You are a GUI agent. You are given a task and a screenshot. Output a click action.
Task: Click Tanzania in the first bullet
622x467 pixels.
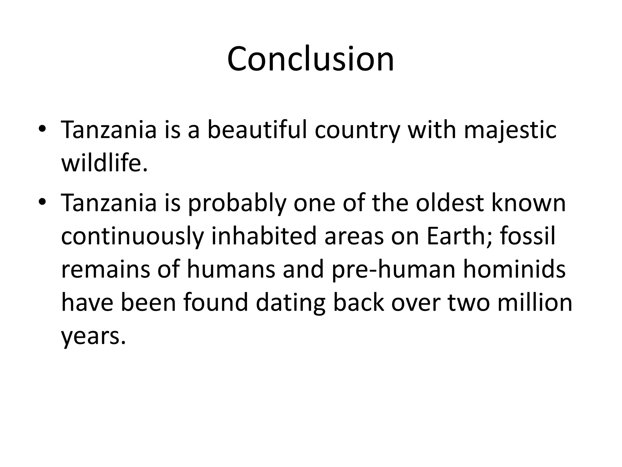[109, 130]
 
